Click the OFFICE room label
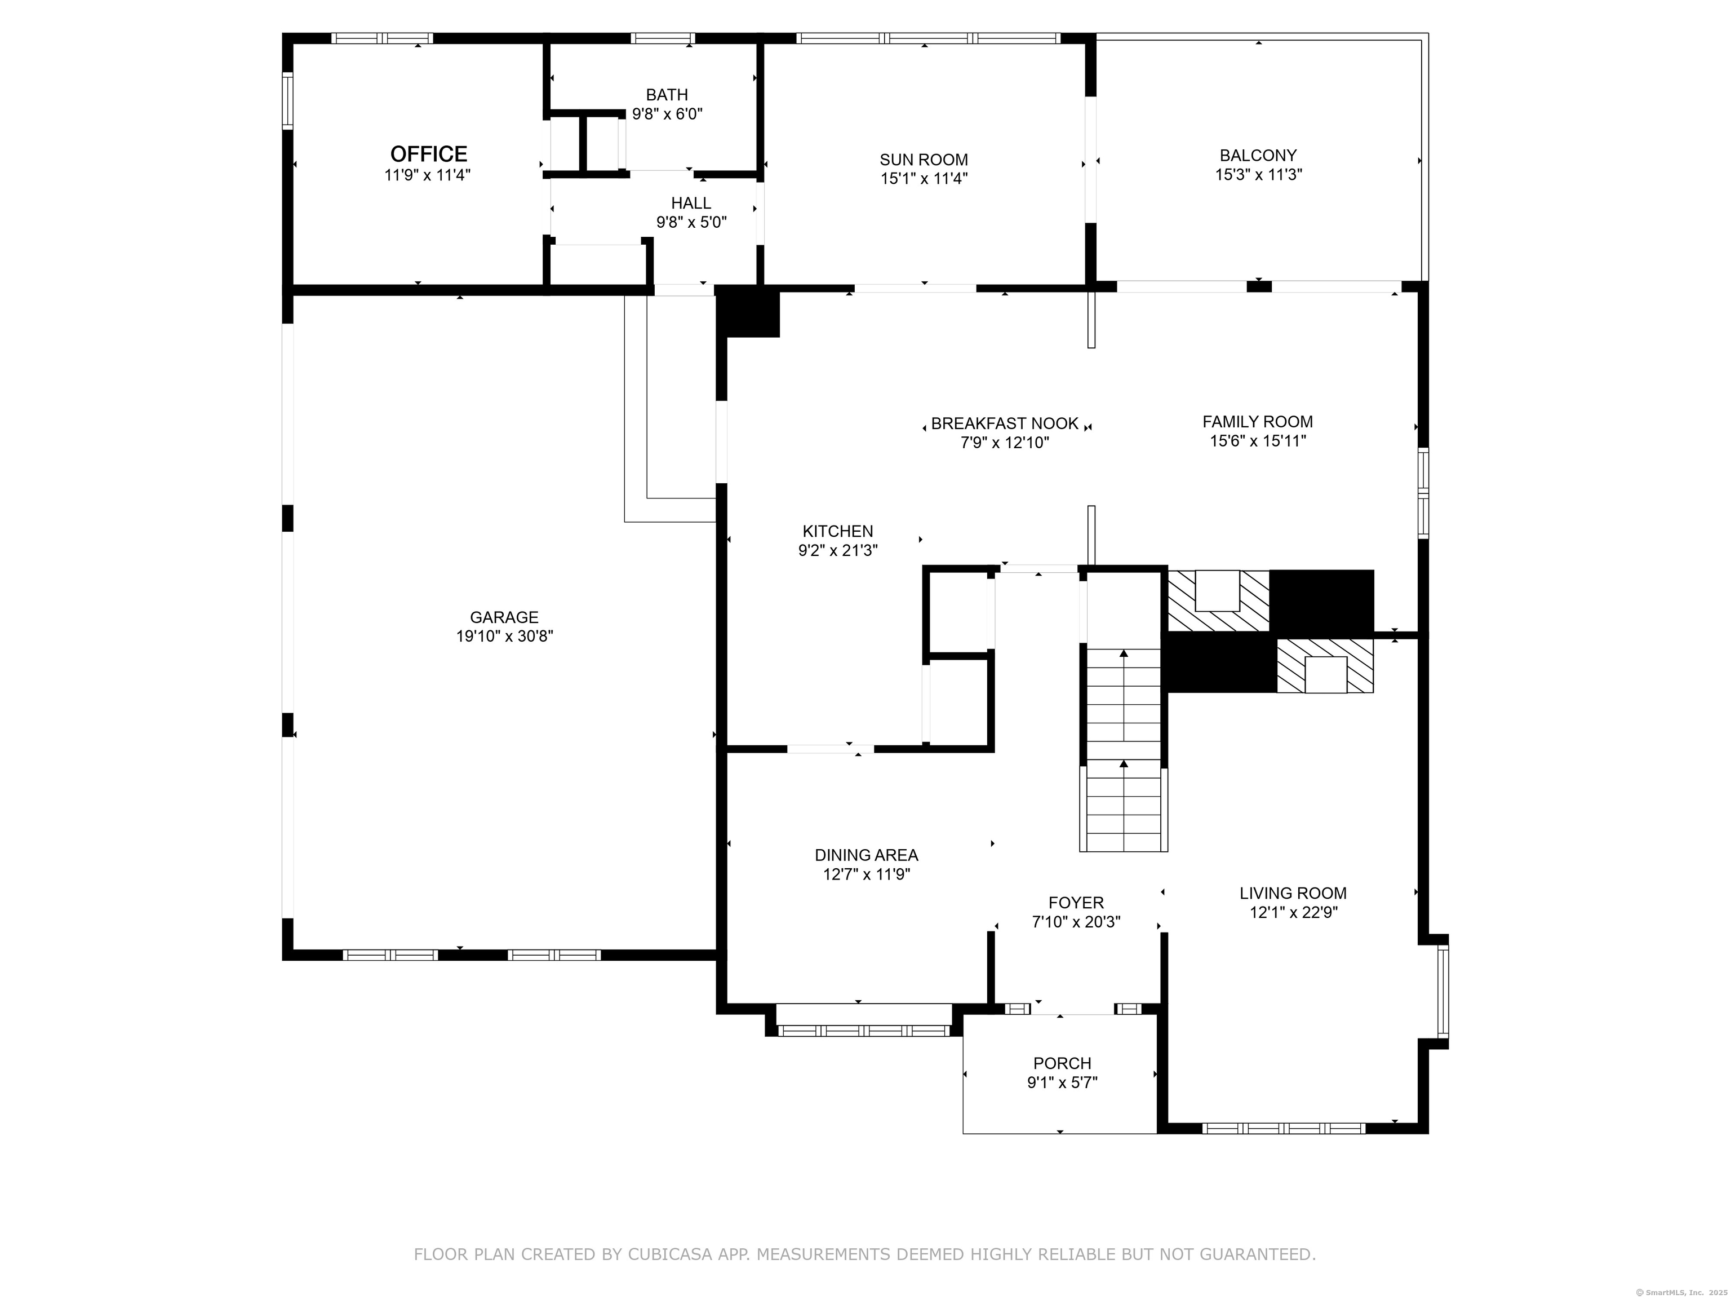[x=428, y=153]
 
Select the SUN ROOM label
[x=924, y=160]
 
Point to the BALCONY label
[x=1258, y=155]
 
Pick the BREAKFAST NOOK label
[x=1004, y=423]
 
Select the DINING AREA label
[x=865, y=855]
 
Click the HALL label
[x=690, y=204]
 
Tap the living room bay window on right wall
[x=1442, y=991]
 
